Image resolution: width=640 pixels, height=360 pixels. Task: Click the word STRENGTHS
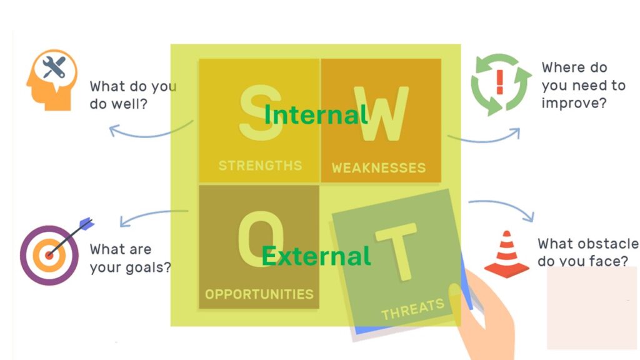click(x=260, y=165)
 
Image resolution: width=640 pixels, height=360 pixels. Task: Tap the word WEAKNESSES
click(x=379, y=167)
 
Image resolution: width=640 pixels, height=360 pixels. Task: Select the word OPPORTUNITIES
click(x=259, y=294)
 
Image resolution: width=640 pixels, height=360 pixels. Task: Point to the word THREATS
click(x=412, y=309)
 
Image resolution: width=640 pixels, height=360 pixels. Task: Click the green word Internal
click(x=316, y=115)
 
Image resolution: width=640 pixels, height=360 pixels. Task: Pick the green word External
click(x=316, y=256)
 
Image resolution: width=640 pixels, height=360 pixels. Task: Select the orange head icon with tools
click(x=52, y=80)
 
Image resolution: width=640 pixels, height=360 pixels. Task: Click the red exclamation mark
click(x=499, y=82)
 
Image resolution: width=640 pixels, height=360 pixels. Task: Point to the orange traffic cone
click(x=506, y=254)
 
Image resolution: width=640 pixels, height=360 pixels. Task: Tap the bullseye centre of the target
click(x=49, y=256)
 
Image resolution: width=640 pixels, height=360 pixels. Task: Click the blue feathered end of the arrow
click(x=86, y=224)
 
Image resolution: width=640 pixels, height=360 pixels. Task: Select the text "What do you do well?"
click(x=133, y=95)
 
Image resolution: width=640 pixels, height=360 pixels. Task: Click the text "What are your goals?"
click(x=130, y=258)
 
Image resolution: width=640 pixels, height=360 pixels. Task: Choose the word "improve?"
click(x=574, y=103)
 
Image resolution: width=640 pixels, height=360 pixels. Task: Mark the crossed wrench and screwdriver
click(x=54, y=67)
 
